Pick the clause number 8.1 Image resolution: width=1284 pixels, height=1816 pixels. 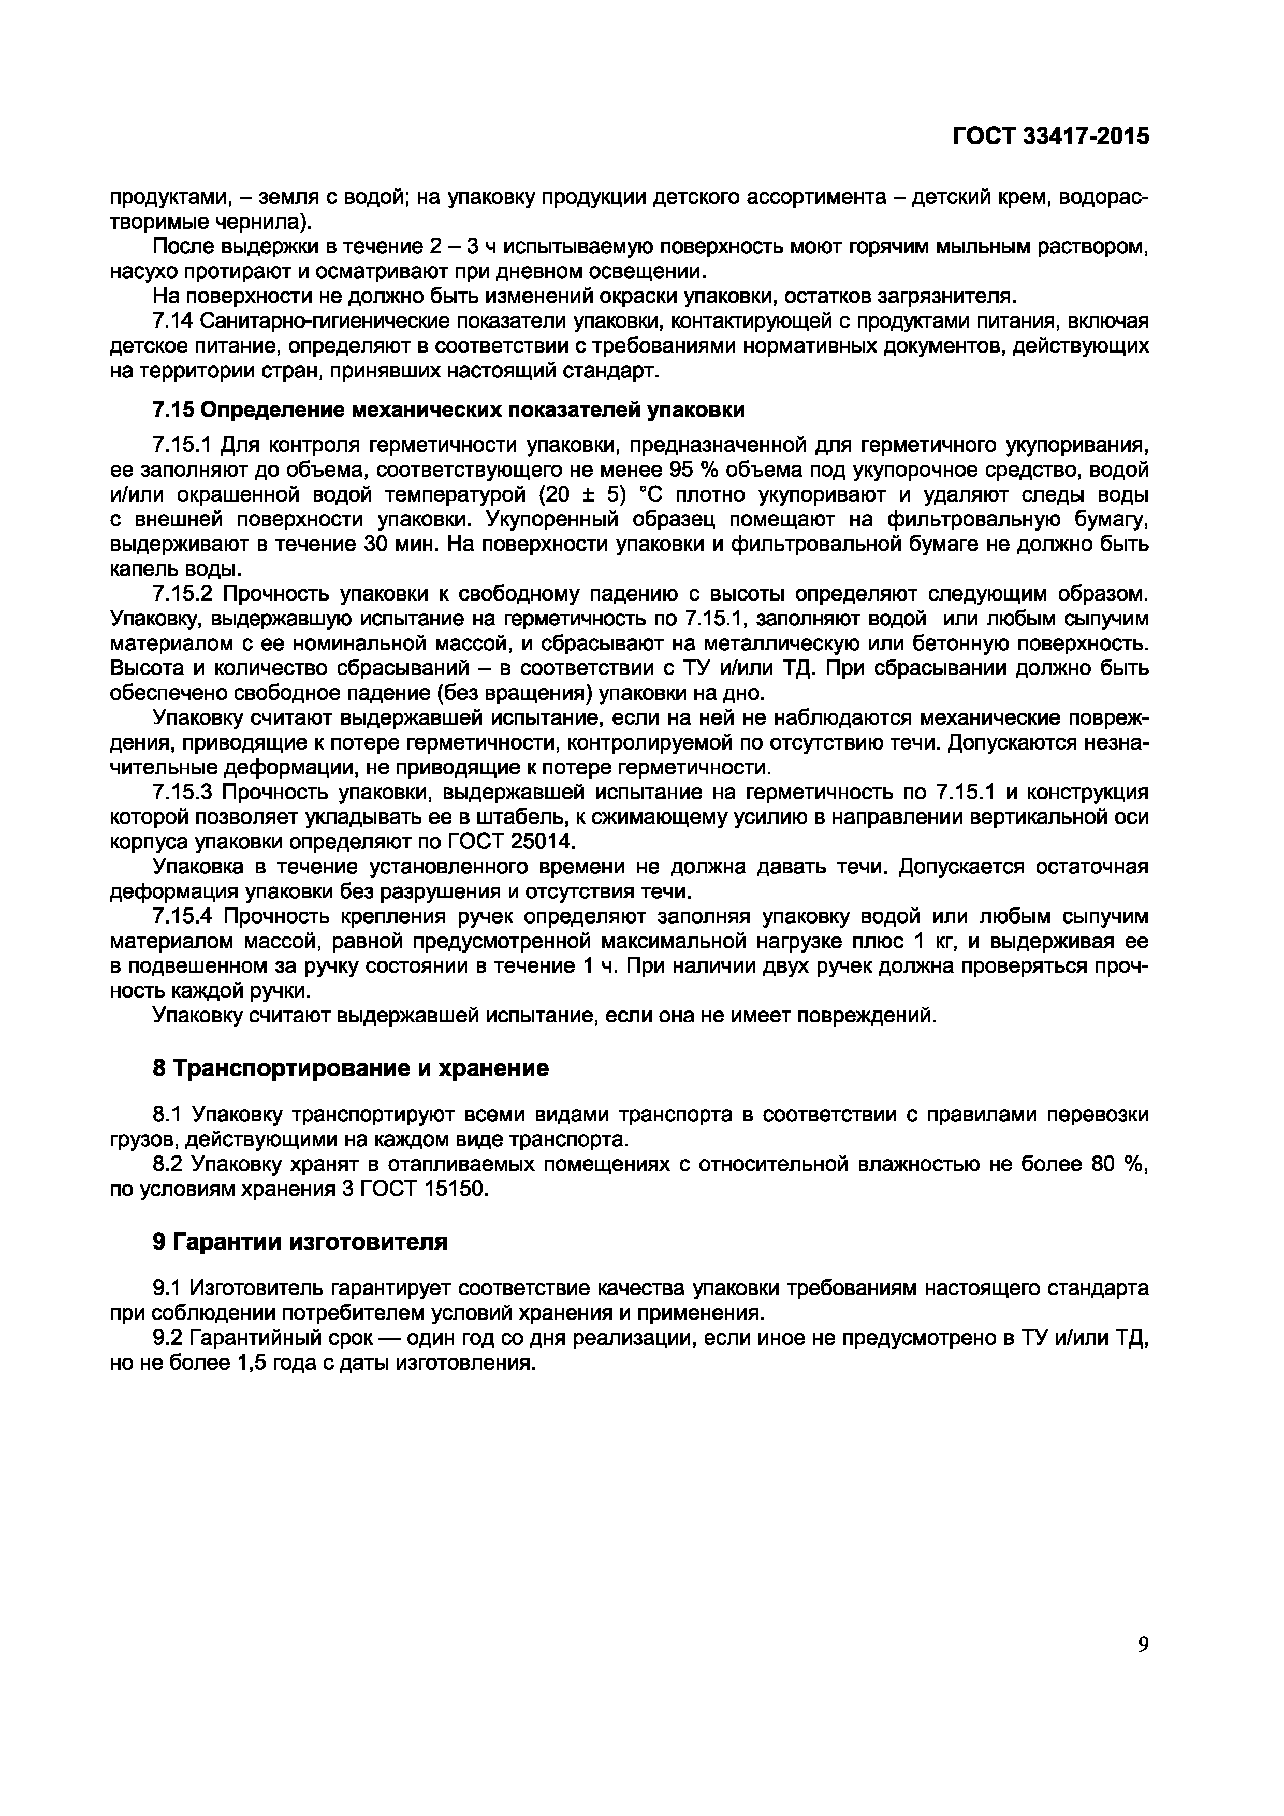point(168,1115)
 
